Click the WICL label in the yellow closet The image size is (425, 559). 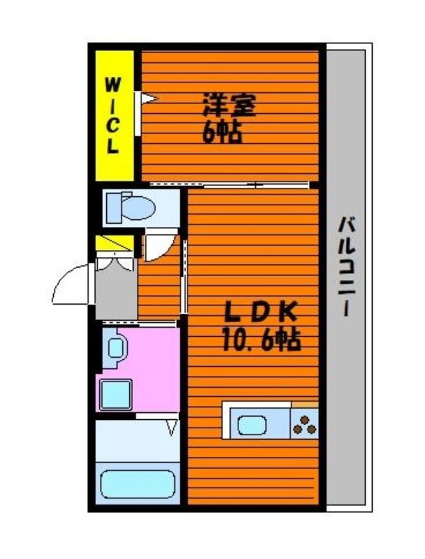click(113, 116)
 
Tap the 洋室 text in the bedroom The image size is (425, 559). click(229, 105)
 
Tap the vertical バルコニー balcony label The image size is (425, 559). click(347, 266)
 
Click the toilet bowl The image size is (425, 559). click(131, 208)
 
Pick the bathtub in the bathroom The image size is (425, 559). click(138, 484)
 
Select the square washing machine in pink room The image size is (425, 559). click(116, 394)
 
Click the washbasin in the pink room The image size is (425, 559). click(116, 347)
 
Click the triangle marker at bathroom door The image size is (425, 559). click(172, 427)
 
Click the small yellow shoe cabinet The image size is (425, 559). click(115, 242)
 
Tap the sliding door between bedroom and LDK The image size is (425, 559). click(229, 184)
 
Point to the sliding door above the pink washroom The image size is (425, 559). click(139, 324)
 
